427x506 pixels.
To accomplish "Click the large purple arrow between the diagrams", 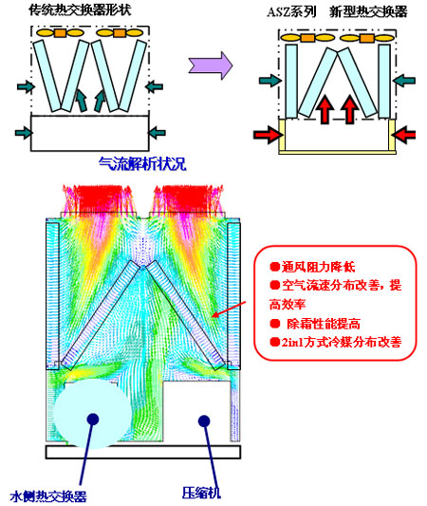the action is [x=211, y=65].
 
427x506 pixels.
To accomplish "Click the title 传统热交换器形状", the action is [x=80, y=9].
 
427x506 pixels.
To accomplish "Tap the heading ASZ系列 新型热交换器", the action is [x=337, y=12].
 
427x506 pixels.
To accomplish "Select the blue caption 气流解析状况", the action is [x=142, y=163].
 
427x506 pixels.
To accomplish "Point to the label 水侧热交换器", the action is [x=48, y=496].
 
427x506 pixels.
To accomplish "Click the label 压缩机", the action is [x=201, y=493].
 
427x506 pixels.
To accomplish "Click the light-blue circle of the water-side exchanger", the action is [x=93, y=414].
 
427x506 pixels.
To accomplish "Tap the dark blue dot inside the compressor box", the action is [x=204, y=421].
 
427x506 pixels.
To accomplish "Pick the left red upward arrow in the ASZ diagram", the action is [x=325, y=109].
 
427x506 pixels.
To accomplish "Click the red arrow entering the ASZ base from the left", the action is [x=268, y=134].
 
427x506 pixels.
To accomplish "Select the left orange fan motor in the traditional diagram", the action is [x=60, y=33].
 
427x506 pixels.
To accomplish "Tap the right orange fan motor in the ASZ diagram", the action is [x=367, y=38].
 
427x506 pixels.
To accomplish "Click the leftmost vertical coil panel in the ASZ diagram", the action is [x=291, y=82].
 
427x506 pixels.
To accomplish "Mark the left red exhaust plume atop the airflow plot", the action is [x=98, y=199].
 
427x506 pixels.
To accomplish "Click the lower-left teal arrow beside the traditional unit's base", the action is [x=24, y=133].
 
